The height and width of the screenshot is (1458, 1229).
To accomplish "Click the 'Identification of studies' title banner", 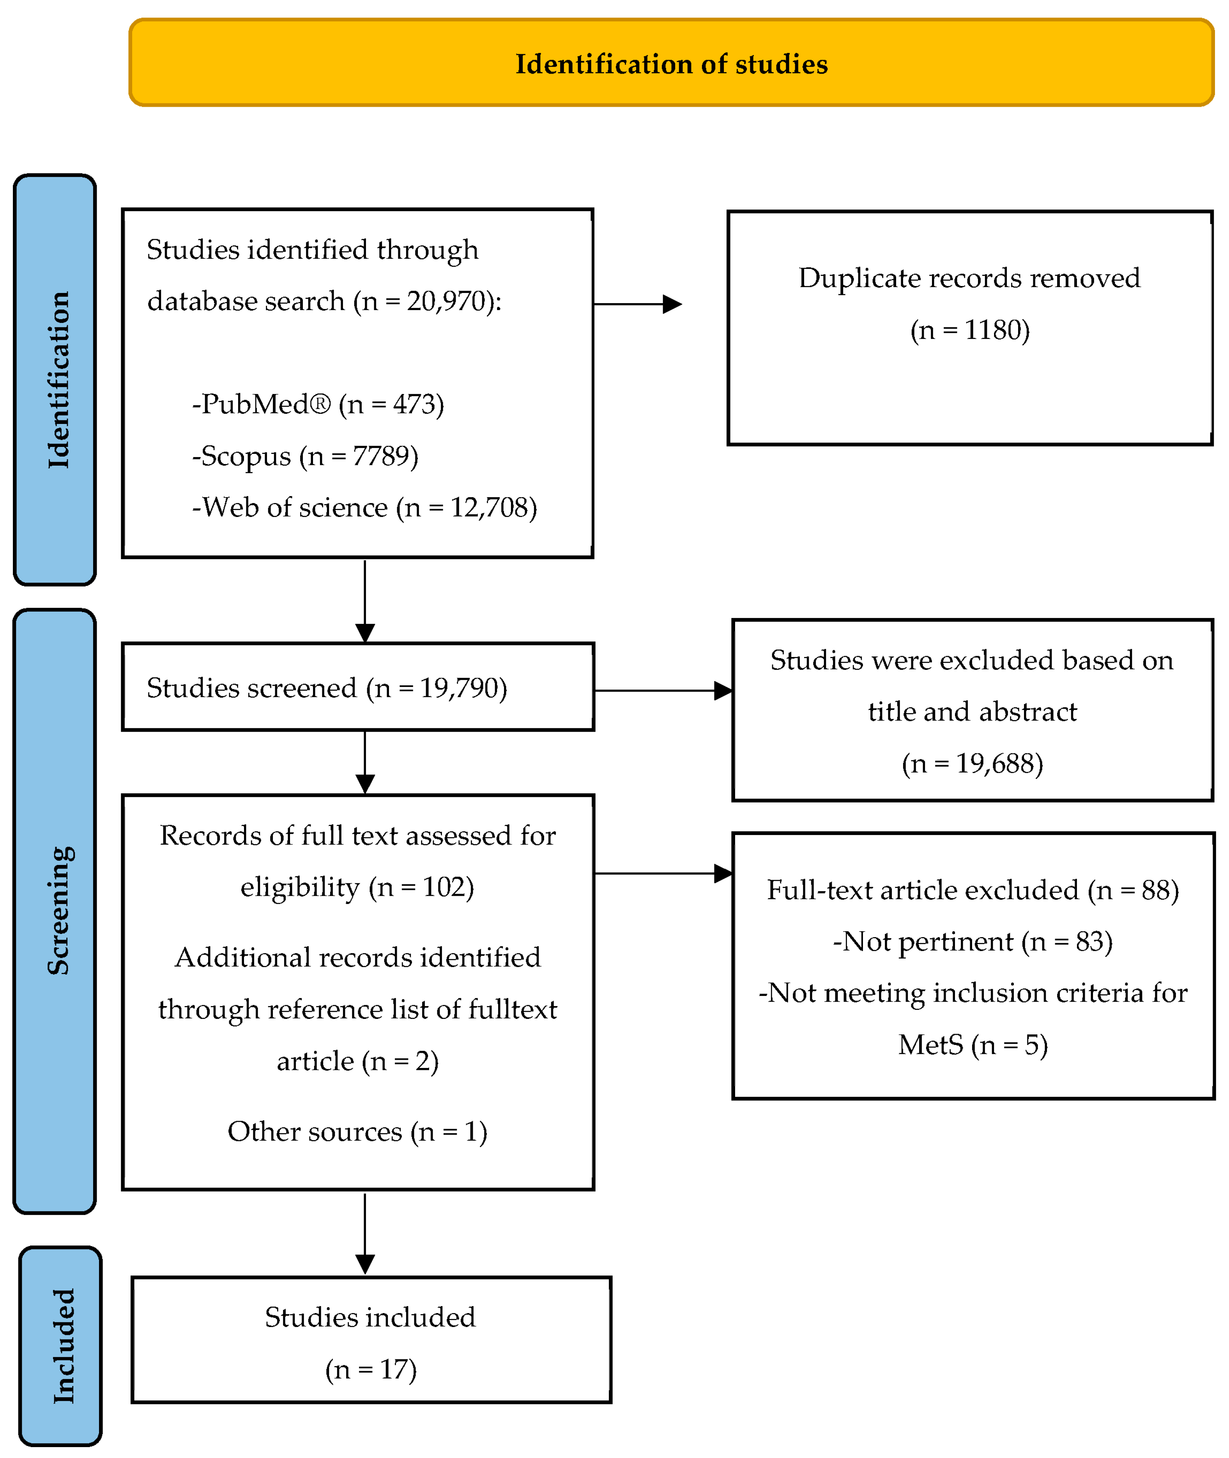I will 671,64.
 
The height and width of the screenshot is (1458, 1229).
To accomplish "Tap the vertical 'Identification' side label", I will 58,380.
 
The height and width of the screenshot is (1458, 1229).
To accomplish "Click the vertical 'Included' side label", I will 63,1346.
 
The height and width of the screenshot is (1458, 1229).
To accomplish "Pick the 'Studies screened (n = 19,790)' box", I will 357,687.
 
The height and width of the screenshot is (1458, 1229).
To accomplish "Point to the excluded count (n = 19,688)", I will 972,764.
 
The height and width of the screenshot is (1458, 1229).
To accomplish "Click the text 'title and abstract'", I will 972,711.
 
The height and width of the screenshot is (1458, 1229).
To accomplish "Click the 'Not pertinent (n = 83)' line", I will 972,941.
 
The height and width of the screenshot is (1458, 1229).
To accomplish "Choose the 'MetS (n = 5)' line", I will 972,1045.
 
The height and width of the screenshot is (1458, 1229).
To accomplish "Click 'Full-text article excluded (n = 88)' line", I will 972,890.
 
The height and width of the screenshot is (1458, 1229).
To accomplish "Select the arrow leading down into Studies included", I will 365,1232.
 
